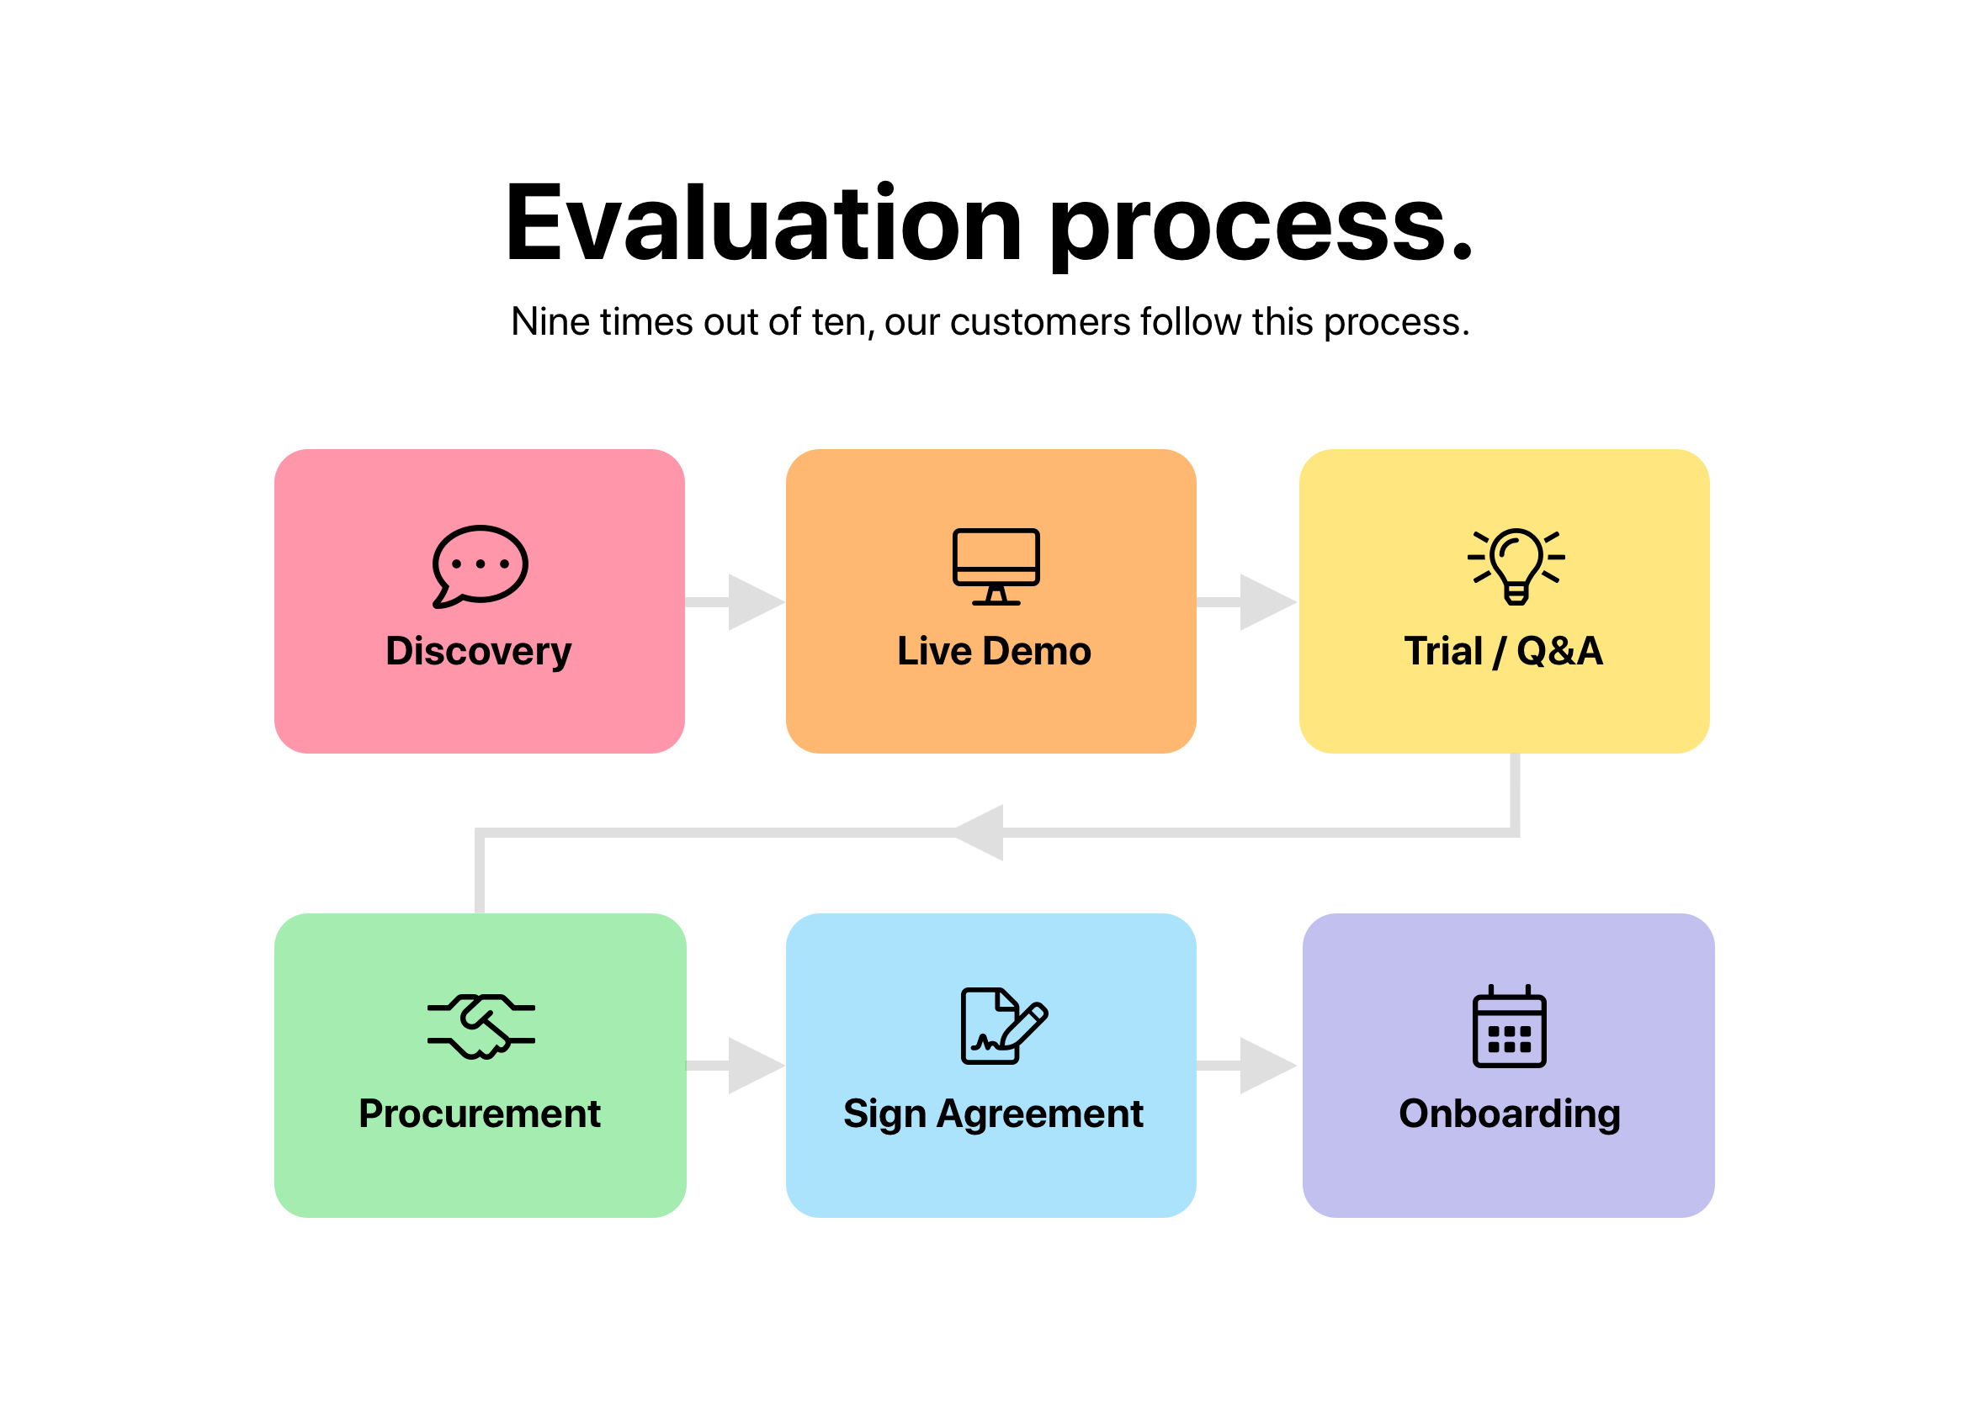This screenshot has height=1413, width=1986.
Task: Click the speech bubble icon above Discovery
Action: tap(480, 565)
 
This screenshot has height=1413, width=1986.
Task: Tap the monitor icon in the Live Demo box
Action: tap(996, 566)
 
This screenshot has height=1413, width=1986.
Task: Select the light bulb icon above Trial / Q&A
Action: tap(1516, 566)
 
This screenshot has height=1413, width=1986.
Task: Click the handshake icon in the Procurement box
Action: tap(481, 1027)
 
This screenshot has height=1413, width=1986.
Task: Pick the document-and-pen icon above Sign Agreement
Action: tap(1004, 1026)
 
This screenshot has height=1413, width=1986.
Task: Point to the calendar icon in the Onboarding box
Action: tap(1509, 1027)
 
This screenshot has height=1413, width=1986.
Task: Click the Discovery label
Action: tap(479, 652)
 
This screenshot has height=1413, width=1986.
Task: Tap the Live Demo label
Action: tap(994, 652)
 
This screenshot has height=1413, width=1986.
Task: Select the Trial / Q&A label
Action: tap(1503, 652)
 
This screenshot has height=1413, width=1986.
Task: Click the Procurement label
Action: tap(480, 1114)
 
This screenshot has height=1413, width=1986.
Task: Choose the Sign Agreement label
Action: tap(993, 1114)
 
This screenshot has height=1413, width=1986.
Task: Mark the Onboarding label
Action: tap(1510, 1114)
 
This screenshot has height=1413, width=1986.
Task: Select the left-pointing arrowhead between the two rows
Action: tap(979, 833)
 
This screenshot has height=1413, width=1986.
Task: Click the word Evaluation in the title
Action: tap(763, 222)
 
